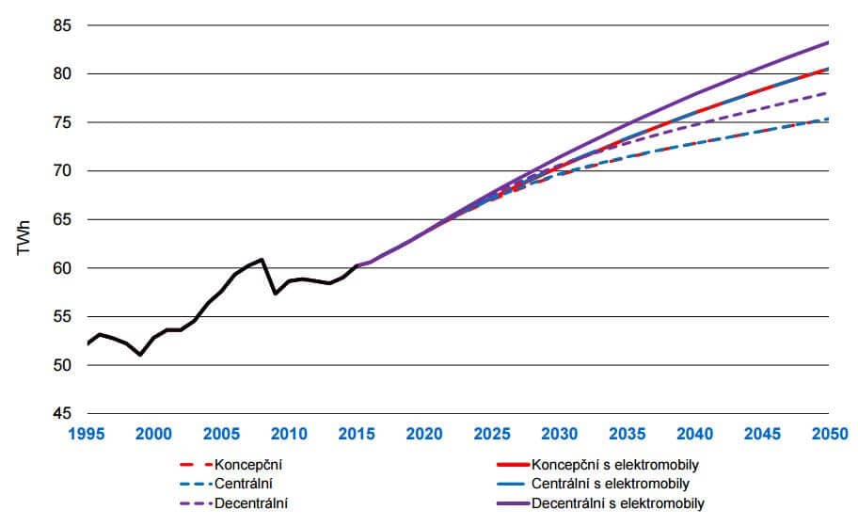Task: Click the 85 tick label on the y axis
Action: click(x=62, y=25)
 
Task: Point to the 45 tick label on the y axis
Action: click(x=62, y=413)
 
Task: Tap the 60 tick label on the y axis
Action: click(x=62, y=268)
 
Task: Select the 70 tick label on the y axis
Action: click(x=62, y=171)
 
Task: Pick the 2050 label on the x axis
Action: click(x=829, y=434)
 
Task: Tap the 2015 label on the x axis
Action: click(x=357, y=434)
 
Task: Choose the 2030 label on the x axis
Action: click(x=559, y=434)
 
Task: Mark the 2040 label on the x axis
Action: click(x=694, y=434)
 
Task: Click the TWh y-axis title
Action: click(x=23, y=243)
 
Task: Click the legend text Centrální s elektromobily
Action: click(x=610, y=484)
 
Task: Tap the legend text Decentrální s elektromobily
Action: click(x=617, y=502)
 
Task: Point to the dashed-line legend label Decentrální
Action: click(x=252, y=502)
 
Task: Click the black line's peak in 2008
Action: click(x=262, y=259)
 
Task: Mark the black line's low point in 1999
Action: click(x=140, y=355)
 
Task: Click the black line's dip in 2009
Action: click(x=276, y=294)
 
